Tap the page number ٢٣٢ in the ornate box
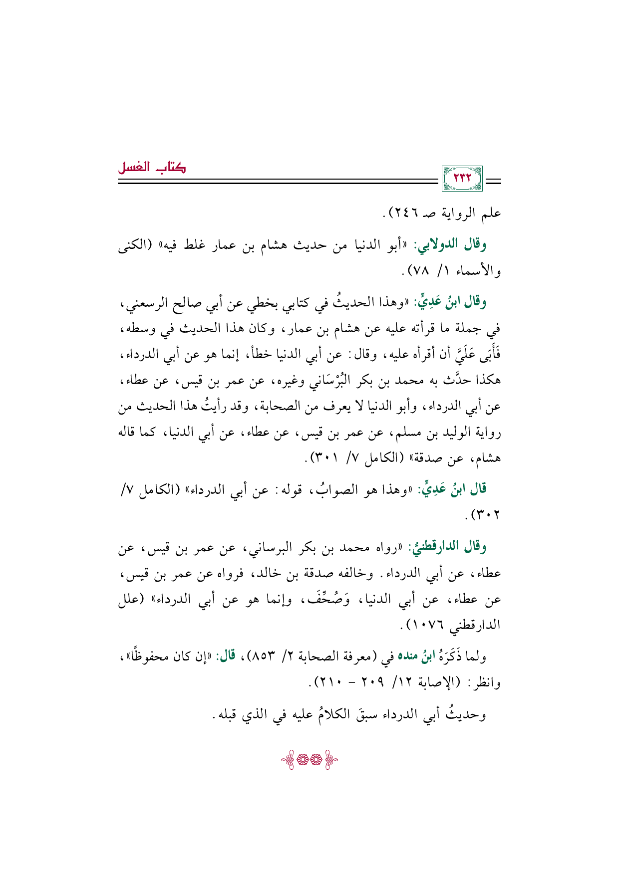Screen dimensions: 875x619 (x=462, y=178)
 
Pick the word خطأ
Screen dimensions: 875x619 (x=254, y=354)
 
